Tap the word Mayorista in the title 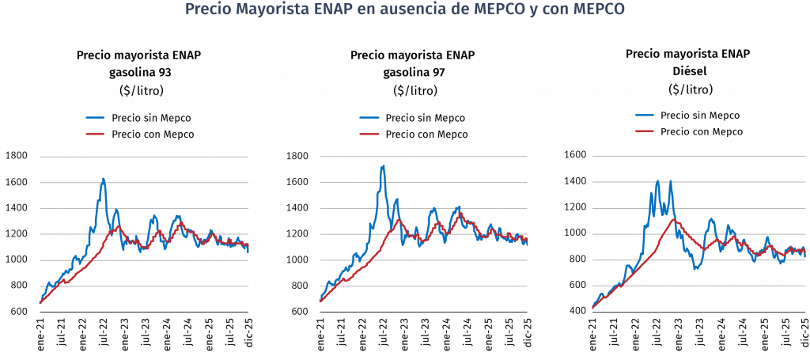coord(264,10)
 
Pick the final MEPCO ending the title coord(593,10)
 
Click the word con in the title coord(549,10)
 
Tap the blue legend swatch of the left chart coord(95,118)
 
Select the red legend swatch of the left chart coord(95,134)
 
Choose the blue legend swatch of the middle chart coord(369,118)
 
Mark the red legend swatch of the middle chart coord(369,134)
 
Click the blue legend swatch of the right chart coord(645,115)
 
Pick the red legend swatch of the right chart coord(645,131)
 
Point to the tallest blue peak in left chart coord(104,179)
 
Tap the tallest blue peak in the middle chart coord(384,166)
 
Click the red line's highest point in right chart coord(675,219)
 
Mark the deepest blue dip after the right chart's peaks coord(696,269)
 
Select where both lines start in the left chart coord(40,301)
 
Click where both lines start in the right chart coord(592,308)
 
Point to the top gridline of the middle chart coord(423,157)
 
